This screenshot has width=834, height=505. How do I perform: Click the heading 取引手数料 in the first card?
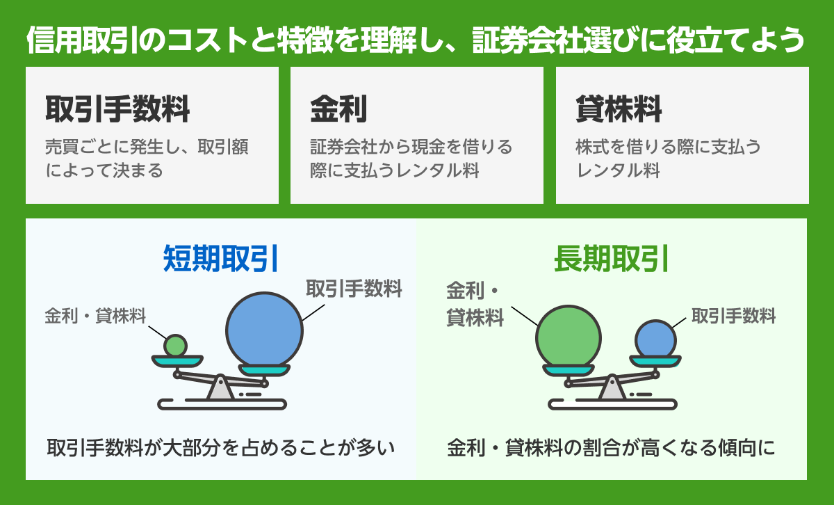(117, 109)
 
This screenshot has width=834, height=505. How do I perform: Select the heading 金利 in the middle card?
(338, 109)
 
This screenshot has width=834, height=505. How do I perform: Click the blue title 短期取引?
(221, 259)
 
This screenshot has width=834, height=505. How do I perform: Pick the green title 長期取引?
(612, 259)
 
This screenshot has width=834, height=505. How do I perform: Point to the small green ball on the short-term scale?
(176, 345)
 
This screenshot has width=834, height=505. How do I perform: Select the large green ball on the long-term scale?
(568, 338)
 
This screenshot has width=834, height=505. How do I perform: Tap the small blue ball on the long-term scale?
(656, 340)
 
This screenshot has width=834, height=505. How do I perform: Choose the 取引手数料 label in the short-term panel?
(354, 289)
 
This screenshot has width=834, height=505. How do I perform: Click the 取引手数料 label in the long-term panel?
(733, 316)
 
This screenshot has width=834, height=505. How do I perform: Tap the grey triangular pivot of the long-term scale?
(612, 387)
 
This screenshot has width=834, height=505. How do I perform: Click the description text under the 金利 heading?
(411, 159)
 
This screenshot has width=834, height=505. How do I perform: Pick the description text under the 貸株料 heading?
(668, 159)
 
